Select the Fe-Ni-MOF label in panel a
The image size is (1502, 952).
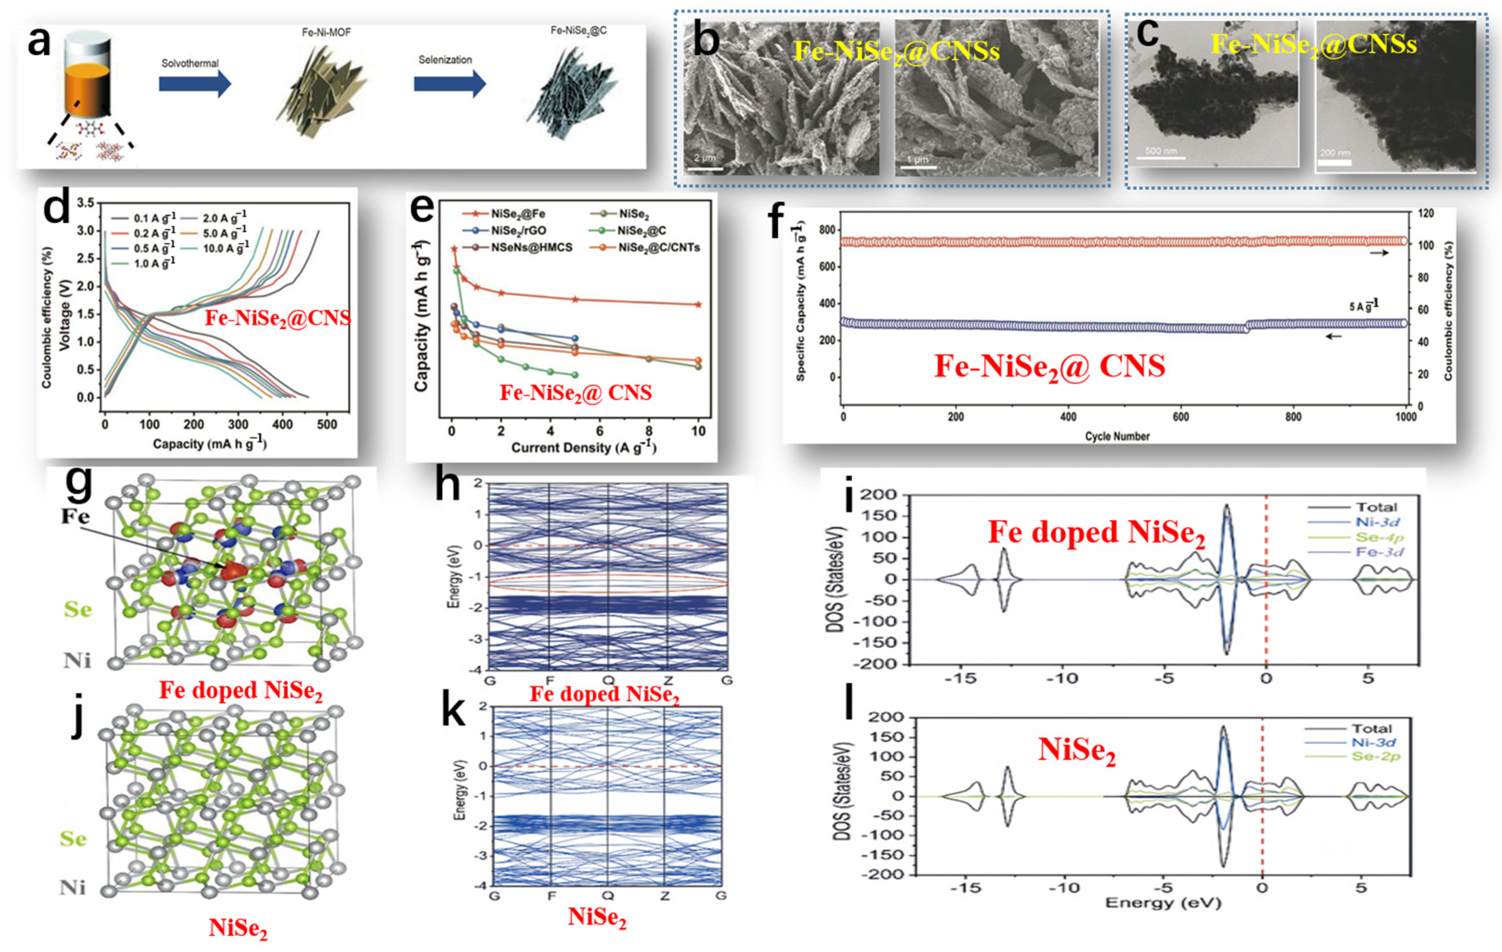(x=326, y=32)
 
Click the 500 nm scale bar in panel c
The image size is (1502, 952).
(x=1161, y=157)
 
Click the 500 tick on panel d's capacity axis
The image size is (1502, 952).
(x=327, y=424)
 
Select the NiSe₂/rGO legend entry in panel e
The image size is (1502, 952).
(x=518, y=231)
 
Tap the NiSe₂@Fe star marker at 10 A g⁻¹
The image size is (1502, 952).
(x=698, y=305)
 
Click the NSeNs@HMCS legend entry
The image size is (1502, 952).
(x=530, y=247)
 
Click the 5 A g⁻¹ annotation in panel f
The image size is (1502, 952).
(x=1363, y=306)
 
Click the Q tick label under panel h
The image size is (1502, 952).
(x=608, y=680)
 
